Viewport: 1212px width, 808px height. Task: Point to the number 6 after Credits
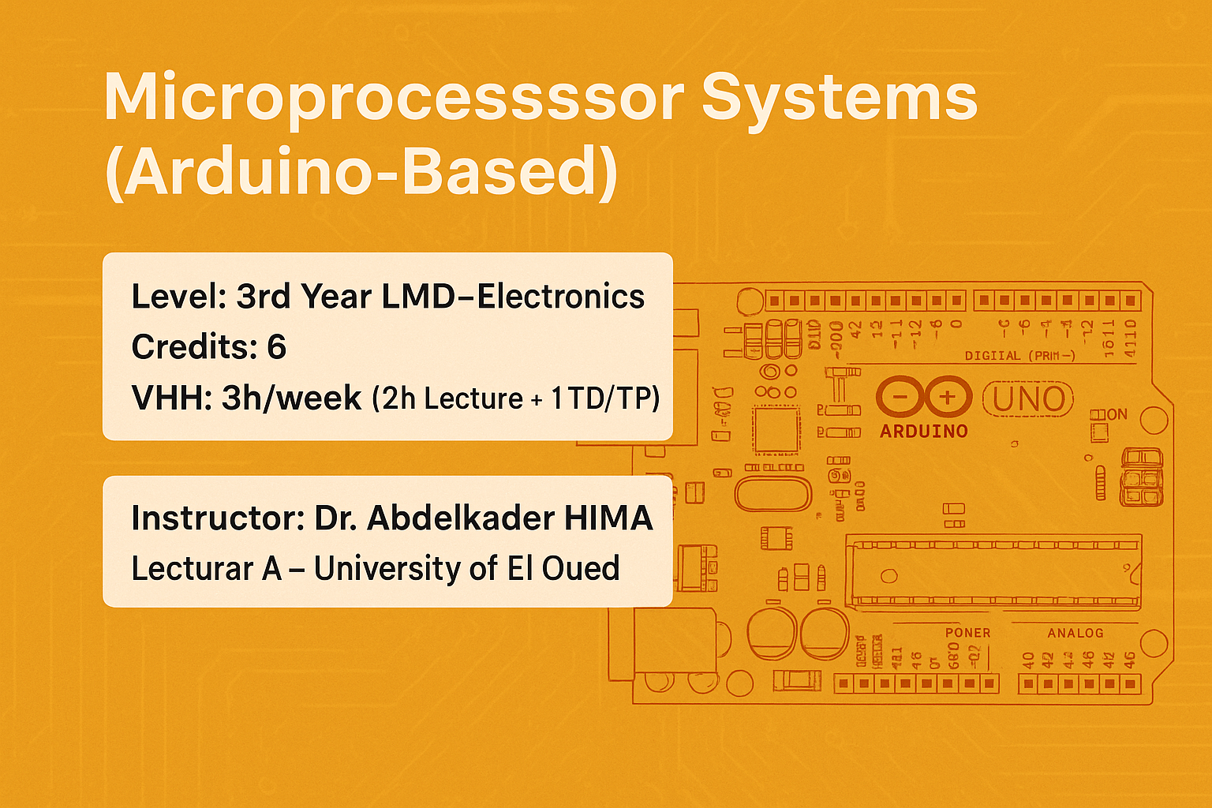coord(276,347)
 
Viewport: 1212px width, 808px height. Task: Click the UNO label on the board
coord(1028,400)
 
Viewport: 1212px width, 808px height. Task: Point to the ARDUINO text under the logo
coord(924,432)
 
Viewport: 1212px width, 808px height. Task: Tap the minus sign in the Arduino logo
coord(899,397)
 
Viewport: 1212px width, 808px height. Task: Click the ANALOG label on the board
coord(1075,633)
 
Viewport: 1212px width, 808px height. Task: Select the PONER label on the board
coord(967,633)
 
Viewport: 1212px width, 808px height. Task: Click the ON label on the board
coord(1117,414)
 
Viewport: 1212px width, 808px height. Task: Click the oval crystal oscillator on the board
coord(772,493)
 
